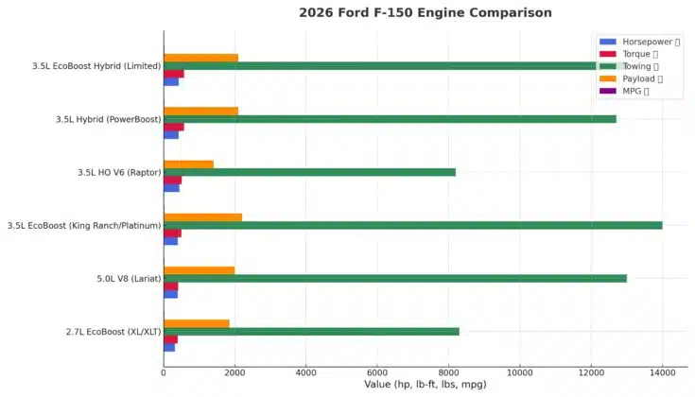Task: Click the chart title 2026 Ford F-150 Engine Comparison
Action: pos(425,12)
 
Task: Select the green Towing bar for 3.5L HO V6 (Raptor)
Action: pos(309,172)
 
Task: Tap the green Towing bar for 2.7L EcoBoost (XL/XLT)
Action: pos(311,332)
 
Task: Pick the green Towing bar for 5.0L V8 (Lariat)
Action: pos(395,279)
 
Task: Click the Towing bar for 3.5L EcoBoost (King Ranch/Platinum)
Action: pos(412,225)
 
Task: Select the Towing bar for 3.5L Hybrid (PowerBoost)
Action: pos(390,119)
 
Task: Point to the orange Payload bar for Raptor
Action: pos(188,164)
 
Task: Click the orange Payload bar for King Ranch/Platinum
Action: pos(202,217)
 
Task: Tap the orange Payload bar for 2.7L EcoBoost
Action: pos(197,323)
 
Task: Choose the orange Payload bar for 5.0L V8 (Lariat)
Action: pos(199,270)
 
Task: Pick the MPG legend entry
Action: pos(626,91)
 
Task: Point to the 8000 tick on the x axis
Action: pos(449,372)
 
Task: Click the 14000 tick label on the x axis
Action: pos(662,372)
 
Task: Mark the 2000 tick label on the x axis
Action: pos(235,372)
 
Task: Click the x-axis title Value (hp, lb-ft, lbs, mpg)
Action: pos(425,385)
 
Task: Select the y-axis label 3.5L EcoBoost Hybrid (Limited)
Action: pos(95,66)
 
